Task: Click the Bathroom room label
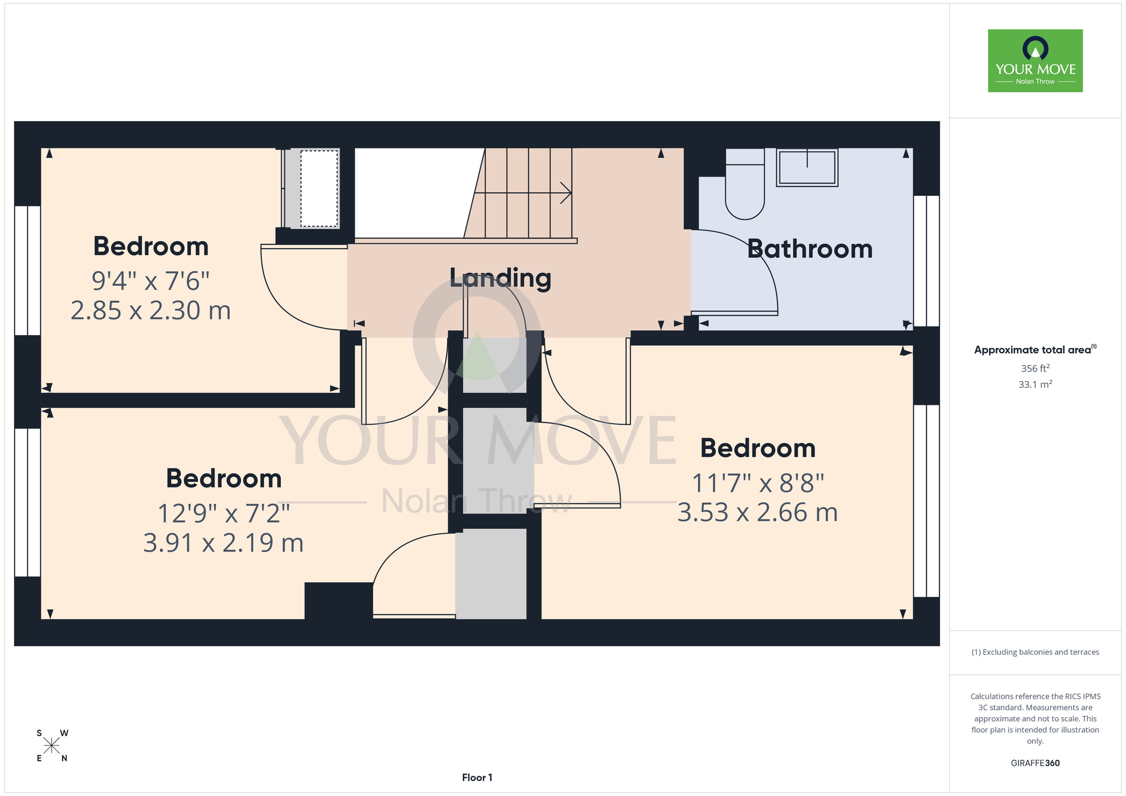[810, 249]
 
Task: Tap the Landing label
[500, 278]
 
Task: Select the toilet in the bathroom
[745, 184]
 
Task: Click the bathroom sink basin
[807, 167]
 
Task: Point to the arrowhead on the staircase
[566, 193]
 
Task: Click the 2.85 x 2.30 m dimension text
[151, 311]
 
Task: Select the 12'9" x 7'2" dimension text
[224, 513]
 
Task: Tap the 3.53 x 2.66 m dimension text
[758, 513]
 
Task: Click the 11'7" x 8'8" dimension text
[758, 483]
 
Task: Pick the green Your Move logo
[1035, 61]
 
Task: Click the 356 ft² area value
[1035, 368]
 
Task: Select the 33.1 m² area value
[1035, 384]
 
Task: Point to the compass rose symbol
[52, 746]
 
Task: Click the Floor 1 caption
[477, 777]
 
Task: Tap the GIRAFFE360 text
[1035, 763]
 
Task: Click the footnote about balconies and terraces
[1035, 652]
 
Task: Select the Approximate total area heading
[1035, 350]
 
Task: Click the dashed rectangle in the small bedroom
[319, 189]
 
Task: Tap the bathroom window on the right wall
[926, 261]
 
